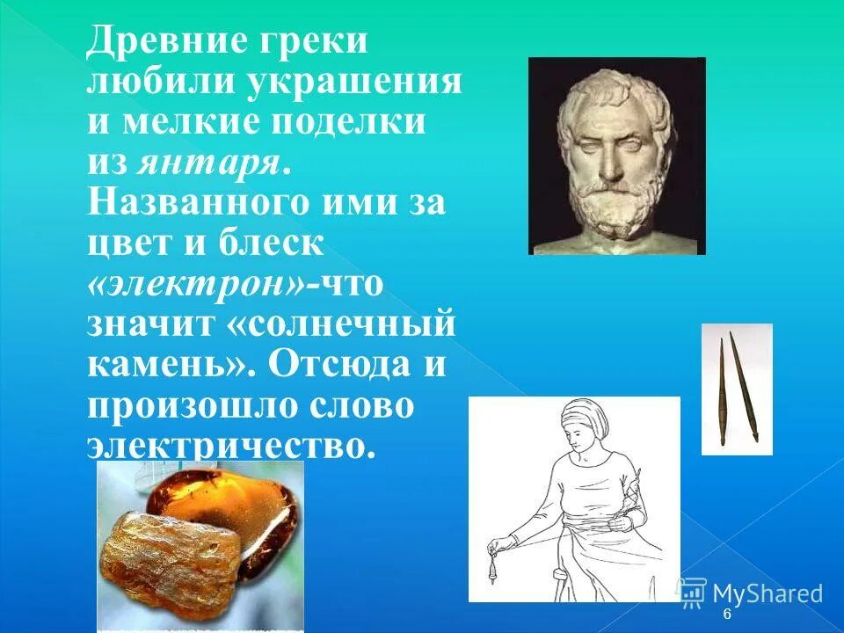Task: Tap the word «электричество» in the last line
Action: click(230, 445)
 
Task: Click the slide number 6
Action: click(727, 615)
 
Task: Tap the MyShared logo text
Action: click(767, 593)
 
